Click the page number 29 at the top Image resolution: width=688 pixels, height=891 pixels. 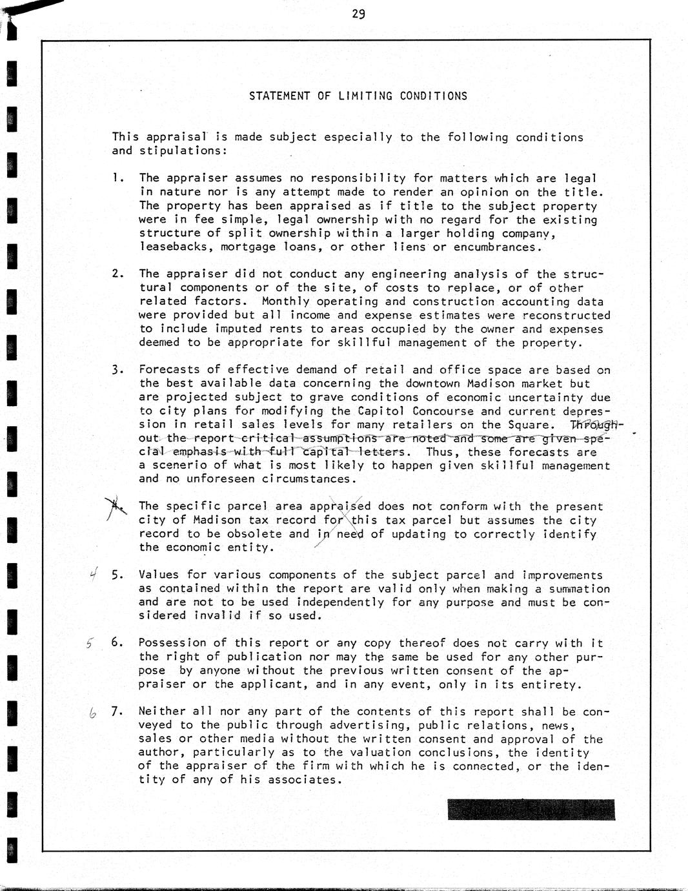[x=359, y=14]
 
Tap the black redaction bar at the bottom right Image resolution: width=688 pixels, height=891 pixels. [x=531, y=810]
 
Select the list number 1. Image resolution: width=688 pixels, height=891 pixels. [x=116, y=178]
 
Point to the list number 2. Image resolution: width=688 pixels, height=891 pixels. [x=117, y=273]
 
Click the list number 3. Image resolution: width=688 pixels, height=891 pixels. [x=117, y=370]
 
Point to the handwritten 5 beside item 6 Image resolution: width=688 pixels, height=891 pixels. [x=90, y=643]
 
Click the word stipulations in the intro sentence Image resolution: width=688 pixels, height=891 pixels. [x=180, y=150]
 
